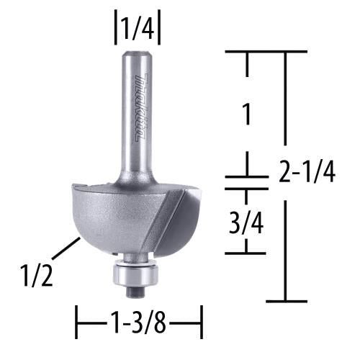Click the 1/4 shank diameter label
click(x=138, y=27)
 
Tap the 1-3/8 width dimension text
click(x=139, y=322)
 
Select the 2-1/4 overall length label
click(x=307, y=171)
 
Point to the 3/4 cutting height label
click(x=246, y=223)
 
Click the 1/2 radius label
click(x=37, y=275)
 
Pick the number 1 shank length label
click(x=247, y=114)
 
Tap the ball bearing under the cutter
click(x=135, y=274)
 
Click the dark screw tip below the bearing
click(x=135, y=292)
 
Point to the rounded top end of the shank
click(x=136, y=55)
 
